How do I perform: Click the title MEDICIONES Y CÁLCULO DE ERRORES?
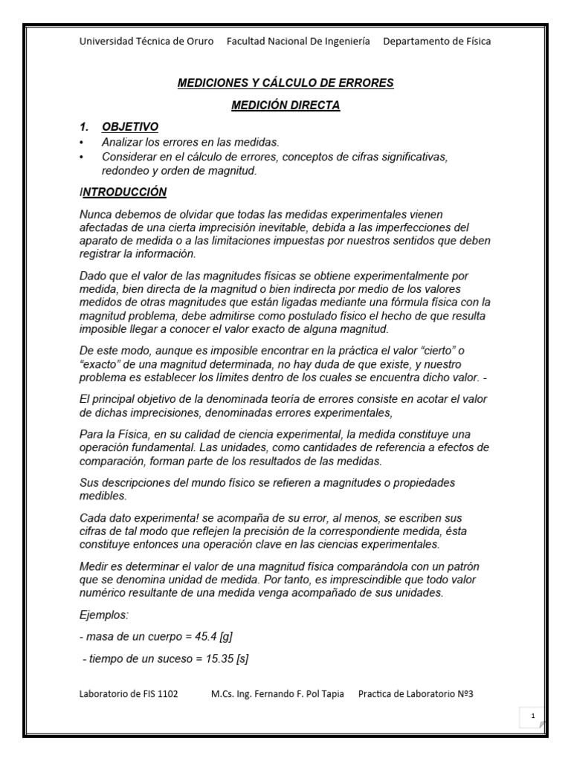click(285, 82)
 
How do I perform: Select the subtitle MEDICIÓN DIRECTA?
click(285, 106)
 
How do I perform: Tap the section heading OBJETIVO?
click(130, 126)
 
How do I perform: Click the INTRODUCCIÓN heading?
click(124, 192)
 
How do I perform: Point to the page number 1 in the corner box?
click(533, 715)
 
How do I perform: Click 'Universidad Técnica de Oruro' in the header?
click(146, 41)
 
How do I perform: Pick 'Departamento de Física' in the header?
click(436, 41)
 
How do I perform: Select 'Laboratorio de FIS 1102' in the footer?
click(129, 694)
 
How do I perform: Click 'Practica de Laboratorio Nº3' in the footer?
click(416, 694)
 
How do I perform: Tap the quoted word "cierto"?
click(448, 349)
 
